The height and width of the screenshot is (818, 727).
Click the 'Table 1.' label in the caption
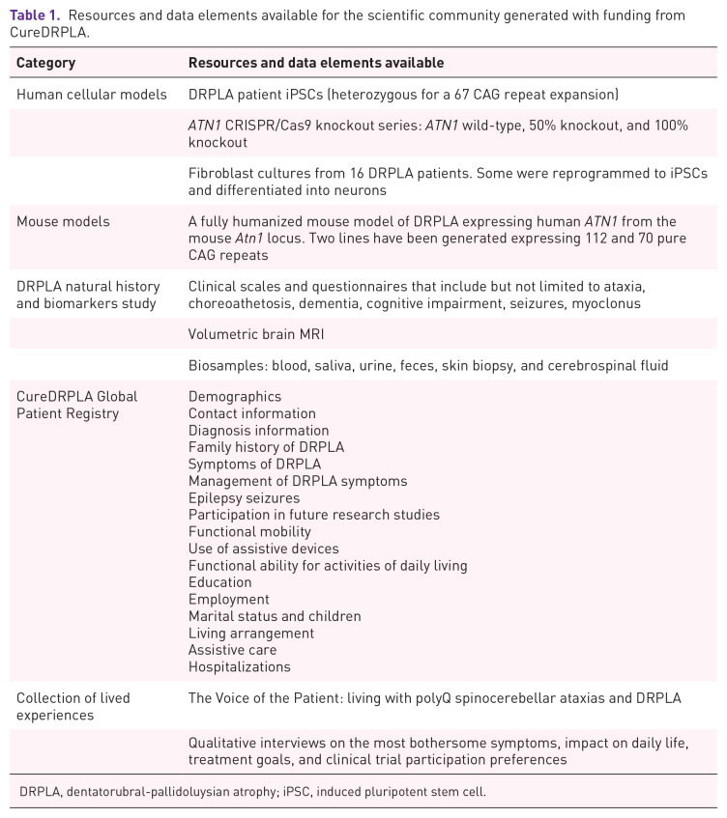pos(35,16)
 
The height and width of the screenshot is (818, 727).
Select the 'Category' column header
pos(45,63)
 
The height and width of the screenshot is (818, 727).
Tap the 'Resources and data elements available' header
pos(316,63)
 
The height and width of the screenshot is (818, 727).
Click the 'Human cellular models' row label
pos(92,95)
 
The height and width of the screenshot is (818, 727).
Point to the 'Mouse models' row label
pos(63,221)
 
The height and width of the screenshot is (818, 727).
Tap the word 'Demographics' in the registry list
pos(235,397)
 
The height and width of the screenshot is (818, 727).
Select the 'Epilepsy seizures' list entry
pos(244,498)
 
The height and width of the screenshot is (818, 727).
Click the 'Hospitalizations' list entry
pos(240,667)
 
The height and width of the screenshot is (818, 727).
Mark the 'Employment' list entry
pos(229,600)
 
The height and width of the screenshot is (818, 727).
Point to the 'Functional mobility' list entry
pos(249,532)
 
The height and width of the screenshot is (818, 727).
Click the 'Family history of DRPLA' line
pos(266,447)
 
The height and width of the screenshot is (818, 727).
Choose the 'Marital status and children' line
pos(275,616)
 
